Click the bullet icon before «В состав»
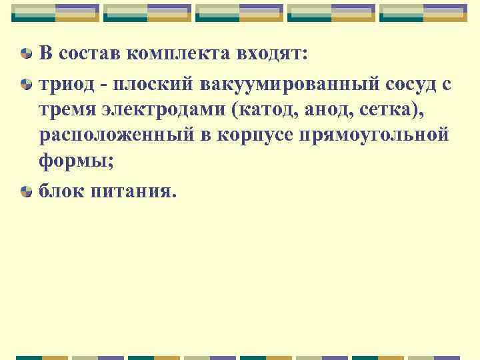tap(25, 55)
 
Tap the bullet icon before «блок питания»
tap(25, 191)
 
